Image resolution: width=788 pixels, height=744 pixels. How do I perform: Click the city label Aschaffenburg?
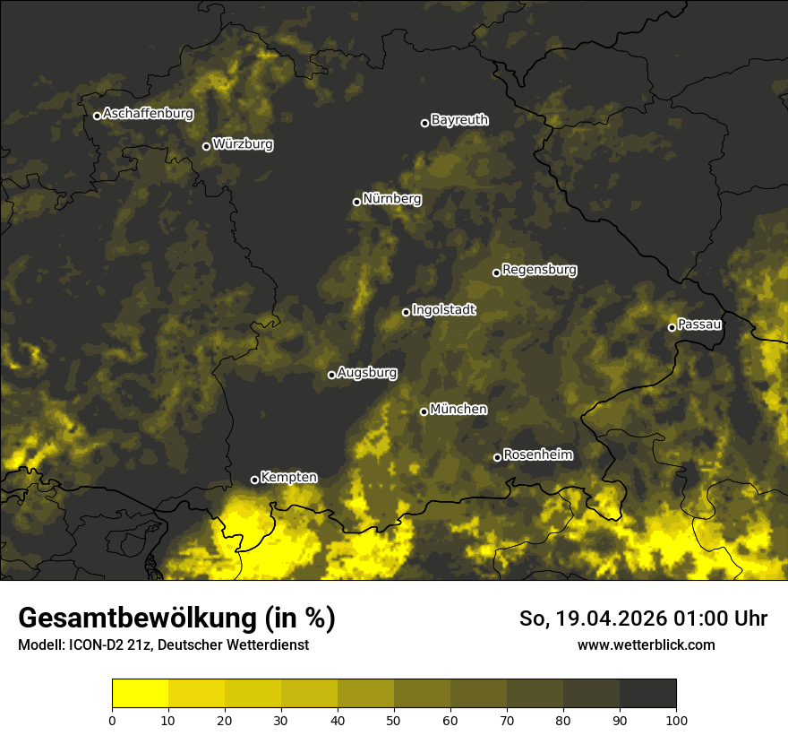coord(148,114)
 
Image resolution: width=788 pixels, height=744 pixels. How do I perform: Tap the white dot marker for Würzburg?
coord(206,146)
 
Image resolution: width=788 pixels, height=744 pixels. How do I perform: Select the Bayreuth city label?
coord(459,120)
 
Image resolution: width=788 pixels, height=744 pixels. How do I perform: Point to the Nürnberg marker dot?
coord(356,202)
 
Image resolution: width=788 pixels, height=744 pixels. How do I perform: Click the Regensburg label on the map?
coord(539,270)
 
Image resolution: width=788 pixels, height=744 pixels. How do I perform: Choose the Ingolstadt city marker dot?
coord(406,312)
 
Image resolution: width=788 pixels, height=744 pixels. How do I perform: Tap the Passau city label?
coord(699,324)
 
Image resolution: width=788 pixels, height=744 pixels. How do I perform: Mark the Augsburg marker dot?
coord(331,375)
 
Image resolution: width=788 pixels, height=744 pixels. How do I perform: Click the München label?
coord(458,410)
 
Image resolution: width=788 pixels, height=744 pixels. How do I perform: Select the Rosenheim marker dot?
coord(497,458)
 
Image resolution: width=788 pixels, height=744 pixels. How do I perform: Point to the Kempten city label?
coord(288,478)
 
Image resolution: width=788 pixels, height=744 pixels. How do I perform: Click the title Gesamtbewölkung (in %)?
coord(176,619)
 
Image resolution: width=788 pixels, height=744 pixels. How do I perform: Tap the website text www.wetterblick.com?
coord(646,645)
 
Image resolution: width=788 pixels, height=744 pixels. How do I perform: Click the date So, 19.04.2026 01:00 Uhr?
coord(643,619)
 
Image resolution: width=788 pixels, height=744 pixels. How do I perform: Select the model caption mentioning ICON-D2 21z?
coord(163,645)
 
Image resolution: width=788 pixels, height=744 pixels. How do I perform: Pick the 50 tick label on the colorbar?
coord(394,719)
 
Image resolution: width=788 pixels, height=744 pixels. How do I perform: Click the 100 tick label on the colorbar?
coord(676,719)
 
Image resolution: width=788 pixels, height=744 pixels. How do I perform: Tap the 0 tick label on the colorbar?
coord(112,719)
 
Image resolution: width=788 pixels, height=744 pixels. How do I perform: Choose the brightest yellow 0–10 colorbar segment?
coord(140,694)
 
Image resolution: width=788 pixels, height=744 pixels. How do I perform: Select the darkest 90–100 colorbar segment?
coord(647,694)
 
